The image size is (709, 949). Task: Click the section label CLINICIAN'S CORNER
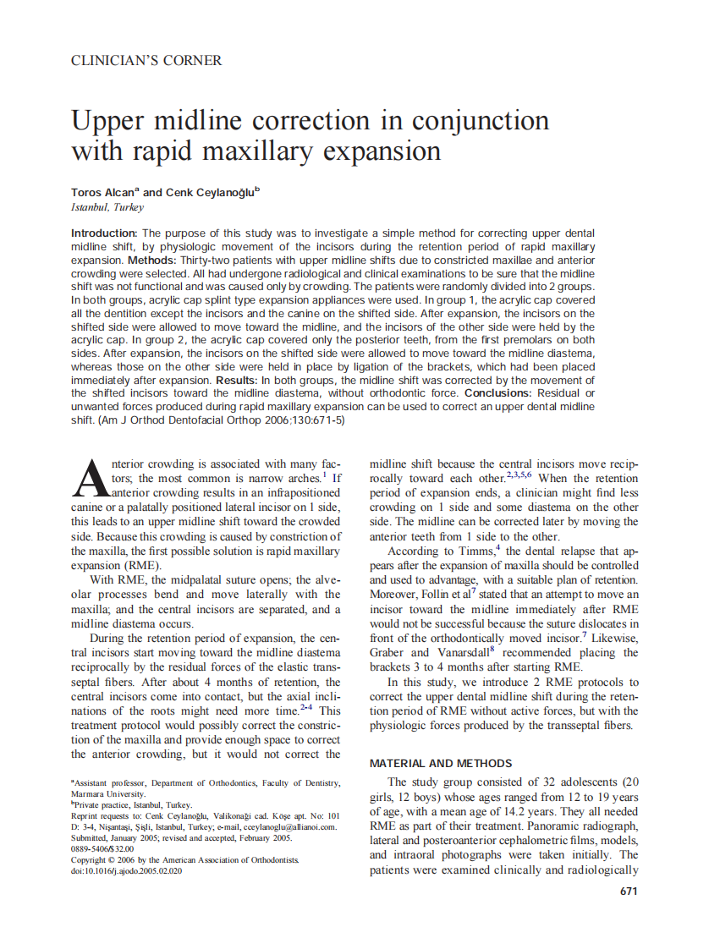[146, 61]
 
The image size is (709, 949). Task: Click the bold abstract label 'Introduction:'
[104, 233]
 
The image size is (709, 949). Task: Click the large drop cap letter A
[90, 479]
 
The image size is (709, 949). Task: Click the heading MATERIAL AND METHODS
[441, 764]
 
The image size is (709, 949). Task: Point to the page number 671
[628, 891]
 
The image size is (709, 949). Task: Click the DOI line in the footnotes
[126, 870]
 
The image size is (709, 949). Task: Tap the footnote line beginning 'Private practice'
[133, 805]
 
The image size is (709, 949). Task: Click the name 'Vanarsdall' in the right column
[466, 653]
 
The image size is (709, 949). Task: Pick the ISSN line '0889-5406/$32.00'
[102, 848]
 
